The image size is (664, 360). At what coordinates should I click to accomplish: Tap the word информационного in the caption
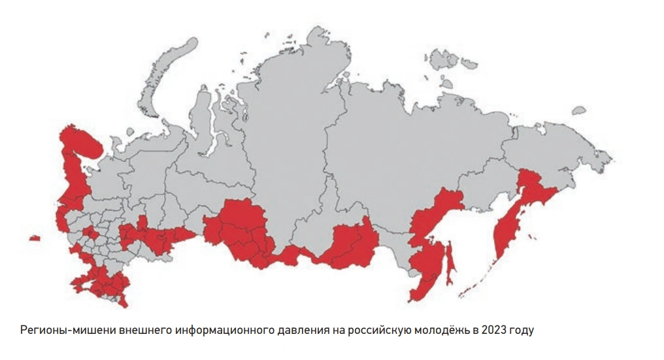pyautogui.click(x=222, y=329)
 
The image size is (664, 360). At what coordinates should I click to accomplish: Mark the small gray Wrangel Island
pyautogui.click(x=578, y=111)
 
